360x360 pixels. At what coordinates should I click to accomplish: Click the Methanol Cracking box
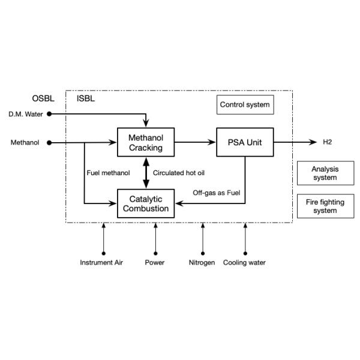pos(145,143)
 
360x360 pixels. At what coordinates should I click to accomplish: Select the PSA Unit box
pos(245,143)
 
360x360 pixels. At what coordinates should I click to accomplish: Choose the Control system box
pos(245,105)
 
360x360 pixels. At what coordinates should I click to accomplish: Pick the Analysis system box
pos(325,173)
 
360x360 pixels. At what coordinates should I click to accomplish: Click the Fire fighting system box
pos(325,206)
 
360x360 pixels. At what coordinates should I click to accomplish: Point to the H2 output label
pos(328,142)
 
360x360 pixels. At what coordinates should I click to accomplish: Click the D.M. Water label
pos(25,114)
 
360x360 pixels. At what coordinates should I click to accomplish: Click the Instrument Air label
pos(103,263)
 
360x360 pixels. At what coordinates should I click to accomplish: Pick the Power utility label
pos(155,263)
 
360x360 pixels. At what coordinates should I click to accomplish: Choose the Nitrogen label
pos(202,263)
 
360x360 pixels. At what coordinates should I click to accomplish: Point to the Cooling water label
pos(245,263)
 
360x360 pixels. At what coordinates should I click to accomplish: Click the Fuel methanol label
pos(108,173)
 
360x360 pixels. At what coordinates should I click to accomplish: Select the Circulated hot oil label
pos(179,173)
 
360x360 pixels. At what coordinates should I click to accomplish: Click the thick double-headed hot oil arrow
pos(145,173)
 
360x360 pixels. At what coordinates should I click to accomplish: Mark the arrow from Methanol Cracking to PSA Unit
pos(194,143)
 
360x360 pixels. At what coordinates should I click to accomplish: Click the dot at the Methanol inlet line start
pos(49,143)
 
